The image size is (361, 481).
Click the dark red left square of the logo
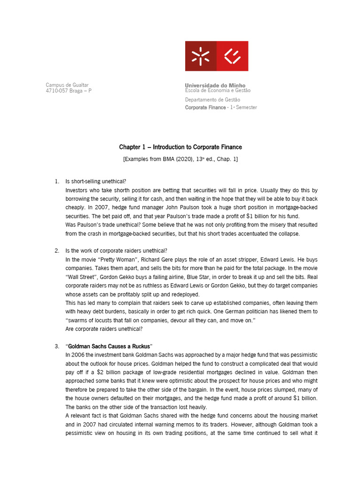coord(201,56)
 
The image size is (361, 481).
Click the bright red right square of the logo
coord(232,56)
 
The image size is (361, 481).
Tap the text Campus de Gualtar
coord(67,85)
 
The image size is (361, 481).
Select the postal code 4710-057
coord(56,91)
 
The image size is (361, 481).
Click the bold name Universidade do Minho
coord(215,85)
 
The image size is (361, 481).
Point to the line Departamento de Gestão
coord(212,100)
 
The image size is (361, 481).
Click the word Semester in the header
coord(247,108)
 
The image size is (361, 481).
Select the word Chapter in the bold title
coord(129,147)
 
